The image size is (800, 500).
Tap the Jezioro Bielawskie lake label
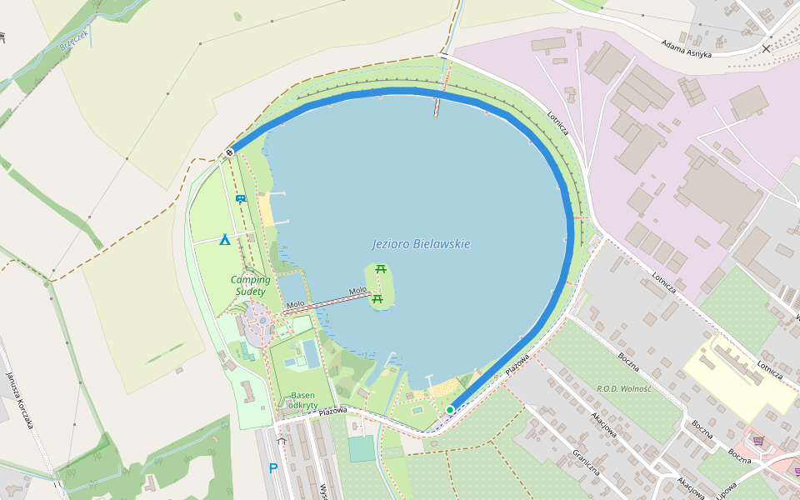pos(421,244)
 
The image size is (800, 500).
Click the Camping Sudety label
pos(250,286)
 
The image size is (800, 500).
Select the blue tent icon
pos(225,240)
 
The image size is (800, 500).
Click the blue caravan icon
pos(241,199)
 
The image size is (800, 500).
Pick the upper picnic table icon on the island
pos(381,268)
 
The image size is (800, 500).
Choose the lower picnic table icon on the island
pos(377,298)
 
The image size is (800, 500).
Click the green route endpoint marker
pos(450,409)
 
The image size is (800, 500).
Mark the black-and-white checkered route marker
pos(229,152)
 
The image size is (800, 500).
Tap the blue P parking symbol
pos(273,468)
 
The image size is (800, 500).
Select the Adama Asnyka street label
pos(686,48)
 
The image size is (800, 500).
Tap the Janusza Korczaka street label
pos(20,399)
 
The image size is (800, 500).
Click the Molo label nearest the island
pos(357,291)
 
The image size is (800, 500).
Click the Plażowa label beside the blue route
pos(517,363)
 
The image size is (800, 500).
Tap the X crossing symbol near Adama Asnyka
pos(766,48)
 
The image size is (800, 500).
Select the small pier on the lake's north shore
pos(436,107)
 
